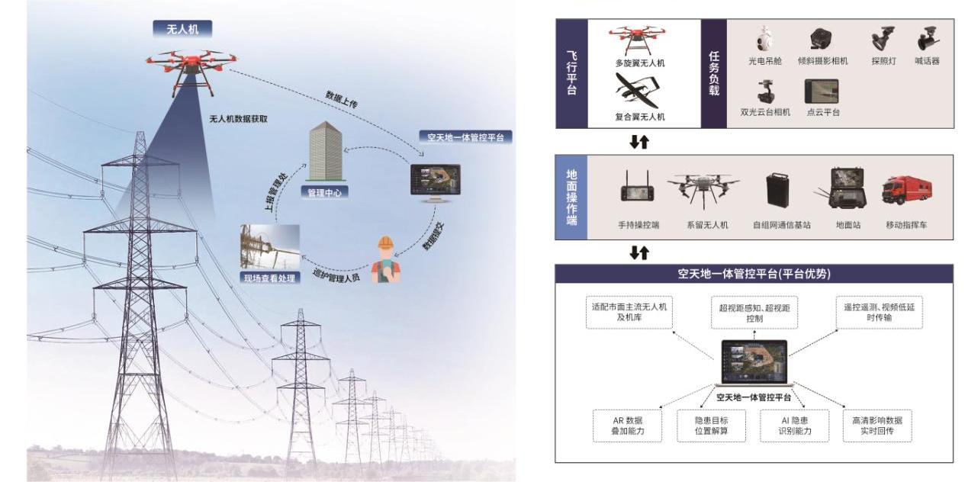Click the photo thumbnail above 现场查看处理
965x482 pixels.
pos(269,246)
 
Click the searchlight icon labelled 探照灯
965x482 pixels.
pos(883,38)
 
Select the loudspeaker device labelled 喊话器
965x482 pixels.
pos(928,37)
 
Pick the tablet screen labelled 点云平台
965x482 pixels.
pos(822,92)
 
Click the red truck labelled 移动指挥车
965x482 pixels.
pos(905,191)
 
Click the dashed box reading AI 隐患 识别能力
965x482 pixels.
pos(793,426)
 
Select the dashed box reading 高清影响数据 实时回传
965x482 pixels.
pos(877,426)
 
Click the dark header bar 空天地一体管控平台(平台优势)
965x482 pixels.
pos(754,273)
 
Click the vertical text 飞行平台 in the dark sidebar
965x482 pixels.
pos(571,73)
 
